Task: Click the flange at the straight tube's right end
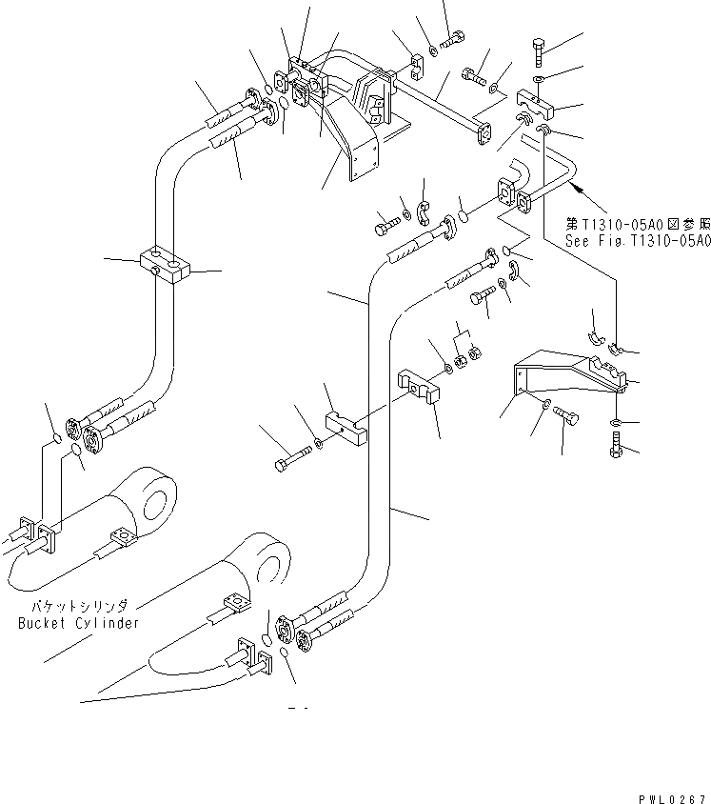(483, 134)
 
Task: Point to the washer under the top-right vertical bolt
(539, 79)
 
